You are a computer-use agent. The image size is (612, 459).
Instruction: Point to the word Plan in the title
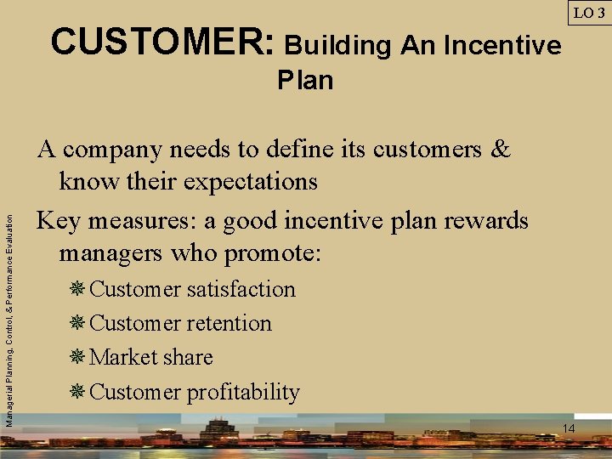(x=305, y=81)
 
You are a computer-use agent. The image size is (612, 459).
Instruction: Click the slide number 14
(x=569, y=428)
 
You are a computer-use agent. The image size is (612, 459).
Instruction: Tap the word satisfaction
(x=241, y=290)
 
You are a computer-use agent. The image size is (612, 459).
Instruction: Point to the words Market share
(x=150, y=358)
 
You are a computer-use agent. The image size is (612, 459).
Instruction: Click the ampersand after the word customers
(x=501, y=150)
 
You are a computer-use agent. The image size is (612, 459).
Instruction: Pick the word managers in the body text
(x=111, y=253)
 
